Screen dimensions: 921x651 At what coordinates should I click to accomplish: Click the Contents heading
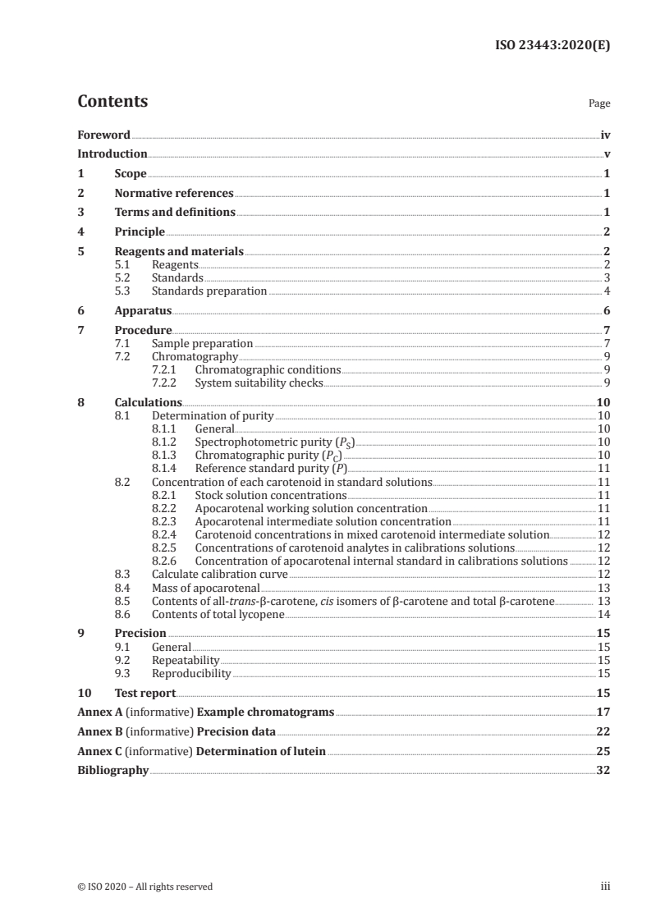click(x=112, y=102)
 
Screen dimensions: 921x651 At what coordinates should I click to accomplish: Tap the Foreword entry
click(x=103, y=135)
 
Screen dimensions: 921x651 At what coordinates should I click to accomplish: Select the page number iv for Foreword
click(x=604, y=135)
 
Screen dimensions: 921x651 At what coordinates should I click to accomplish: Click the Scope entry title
click(x=131, y=174)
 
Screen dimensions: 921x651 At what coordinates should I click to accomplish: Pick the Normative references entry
click(x=174, y=194)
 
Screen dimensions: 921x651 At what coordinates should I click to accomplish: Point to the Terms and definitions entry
click(x=175, y=213)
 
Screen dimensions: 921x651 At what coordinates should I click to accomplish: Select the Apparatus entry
click(x=143, y=311)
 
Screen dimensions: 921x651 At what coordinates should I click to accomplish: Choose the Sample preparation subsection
click(x=202, y=343)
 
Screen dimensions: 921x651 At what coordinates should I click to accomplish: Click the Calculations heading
click(x=148, y=402)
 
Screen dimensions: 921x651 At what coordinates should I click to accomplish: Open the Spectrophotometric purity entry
click(x=275, y=442)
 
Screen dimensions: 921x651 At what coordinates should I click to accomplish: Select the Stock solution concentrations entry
click(x=270, y=495)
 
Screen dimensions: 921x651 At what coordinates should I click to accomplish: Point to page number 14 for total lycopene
click(x=603, y=614)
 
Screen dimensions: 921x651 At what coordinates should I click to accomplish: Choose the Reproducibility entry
click(x=191, y=673)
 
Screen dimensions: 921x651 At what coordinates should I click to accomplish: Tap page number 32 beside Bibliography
click(x=603, y=771)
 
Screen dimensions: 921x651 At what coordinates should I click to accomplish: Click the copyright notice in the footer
click(x=144, y=887)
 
